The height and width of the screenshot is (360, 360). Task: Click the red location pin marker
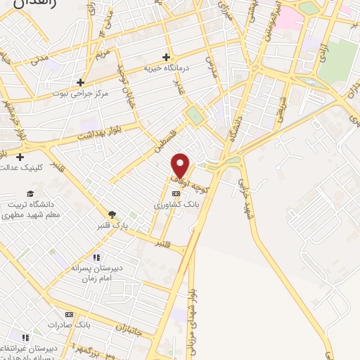pyautogui.click(x=181, y=165)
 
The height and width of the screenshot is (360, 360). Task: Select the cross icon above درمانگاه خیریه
pyautogui.click(x=167, y=57)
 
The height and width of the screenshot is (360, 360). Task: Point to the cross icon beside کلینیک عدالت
pyautogui.click(x=20, y=157)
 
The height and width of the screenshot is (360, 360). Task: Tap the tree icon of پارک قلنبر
pyautogui.click(x=112, y=214)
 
